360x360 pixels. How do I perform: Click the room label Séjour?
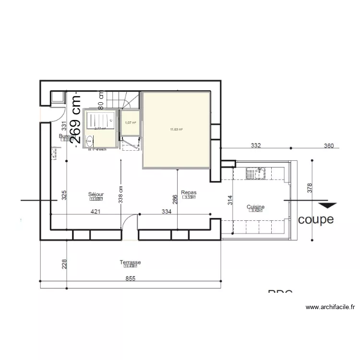(96, 194)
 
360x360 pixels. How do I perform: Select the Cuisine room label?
(255, 207)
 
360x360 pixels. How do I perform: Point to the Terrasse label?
(130, 263)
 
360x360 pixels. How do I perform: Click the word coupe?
(316, 220)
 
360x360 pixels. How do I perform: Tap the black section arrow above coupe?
(327, 206)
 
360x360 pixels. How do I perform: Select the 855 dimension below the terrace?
(131, 278)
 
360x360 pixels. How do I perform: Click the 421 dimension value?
(96, 211)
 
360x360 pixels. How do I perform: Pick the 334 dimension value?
(167, 211)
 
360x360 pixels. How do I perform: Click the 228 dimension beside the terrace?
(64, 264)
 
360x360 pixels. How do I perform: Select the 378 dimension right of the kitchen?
(309, 189)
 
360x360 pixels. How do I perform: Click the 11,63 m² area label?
(177, 129)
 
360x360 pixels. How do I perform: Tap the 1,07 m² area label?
(130, 123)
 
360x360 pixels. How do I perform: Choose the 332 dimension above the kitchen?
(255, 145)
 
